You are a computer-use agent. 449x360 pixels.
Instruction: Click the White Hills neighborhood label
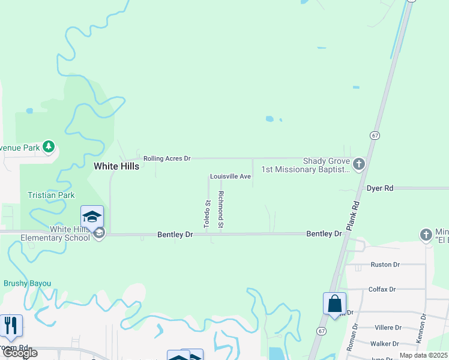pos(117,166)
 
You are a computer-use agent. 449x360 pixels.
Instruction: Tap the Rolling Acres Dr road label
pos(167,158)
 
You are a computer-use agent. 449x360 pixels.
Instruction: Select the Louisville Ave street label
pos(230,176)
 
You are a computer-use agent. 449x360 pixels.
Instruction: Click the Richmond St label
pos(221,209)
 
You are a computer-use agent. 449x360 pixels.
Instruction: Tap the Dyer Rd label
pos(380,188)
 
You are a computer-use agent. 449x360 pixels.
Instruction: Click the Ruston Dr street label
pos(385,264)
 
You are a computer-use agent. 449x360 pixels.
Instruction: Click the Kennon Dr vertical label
pos(424,329)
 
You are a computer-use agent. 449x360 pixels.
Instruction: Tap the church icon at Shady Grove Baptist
pos(359,164)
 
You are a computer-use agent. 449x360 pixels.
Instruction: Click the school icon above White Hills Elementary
pos(92,216)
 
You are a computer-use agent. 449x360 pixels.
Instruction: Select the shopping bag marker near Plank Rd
pos(334,304)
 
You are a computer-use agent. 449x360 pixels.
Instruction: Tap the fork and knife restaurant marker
pos(11,325)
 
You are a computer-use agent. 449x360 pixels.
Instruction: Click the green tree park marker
pos(49,146)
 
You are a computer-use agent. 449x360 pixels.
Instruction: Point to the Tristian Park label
pos(51,195)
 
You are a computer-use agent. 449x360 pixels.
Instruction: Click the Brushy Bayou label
pos(28,283)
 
